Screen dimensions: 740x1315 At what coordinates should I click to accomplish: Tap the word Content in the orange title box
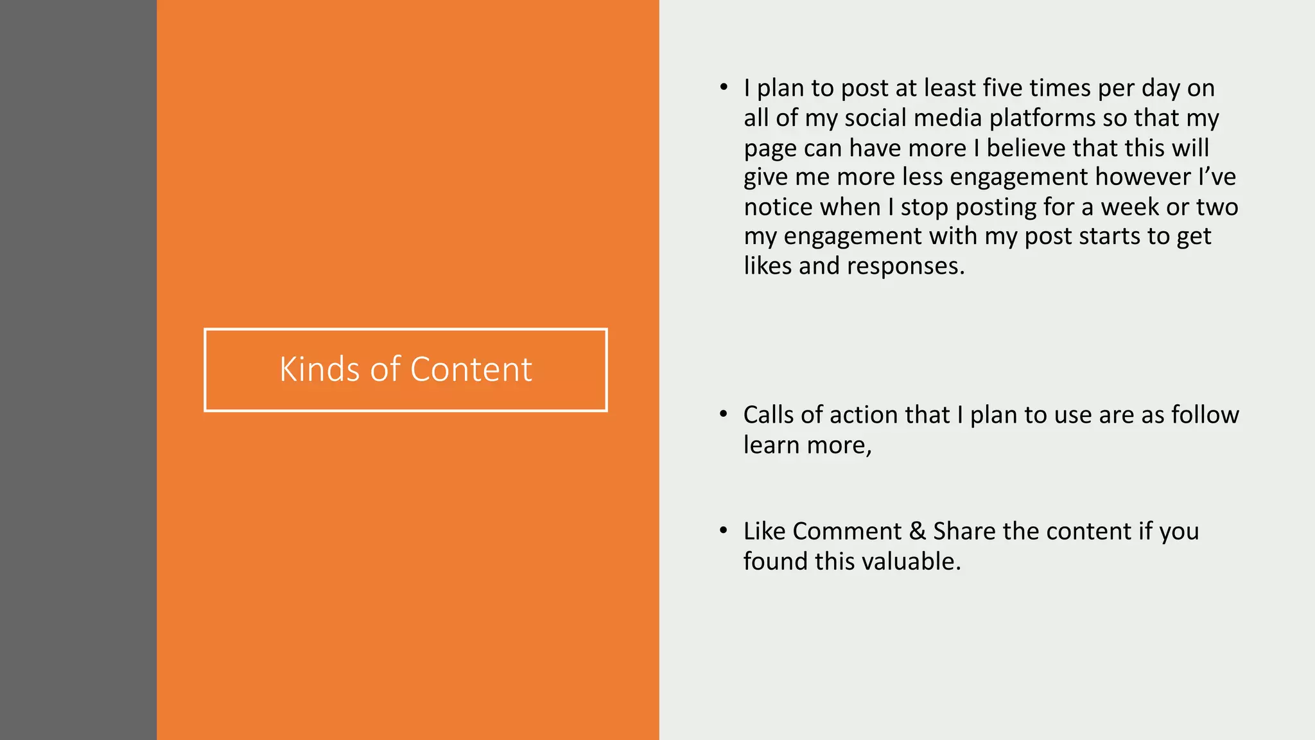[x=471, y=369]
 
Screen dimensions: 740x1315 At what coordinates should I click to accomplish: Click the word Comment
[x=847, y=531]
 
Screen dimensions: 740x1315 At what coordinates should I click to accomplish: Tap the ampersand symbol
[x=918, y=531]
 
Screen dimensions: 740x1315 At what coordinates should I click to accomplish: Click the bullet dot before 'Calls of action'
[x=724, y=414]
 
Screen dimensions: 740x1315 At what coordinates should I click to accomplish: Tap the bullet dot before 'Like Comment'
[x=724, y=531]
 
